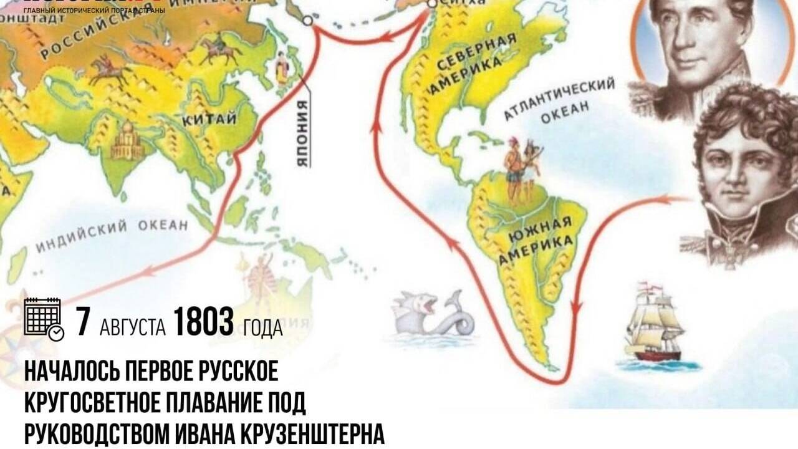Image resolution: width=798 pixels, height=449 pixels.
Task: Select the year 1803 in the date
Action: pos(203,323)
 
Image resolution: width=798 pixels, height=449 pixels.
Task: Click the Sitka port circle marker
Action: pos(431,3)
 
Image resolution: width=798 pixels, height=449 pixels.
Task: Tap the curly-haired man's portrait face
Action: pos(745,165)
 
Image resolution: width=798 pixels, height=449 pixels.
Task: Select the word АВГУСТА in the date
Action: pos(132,326)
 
